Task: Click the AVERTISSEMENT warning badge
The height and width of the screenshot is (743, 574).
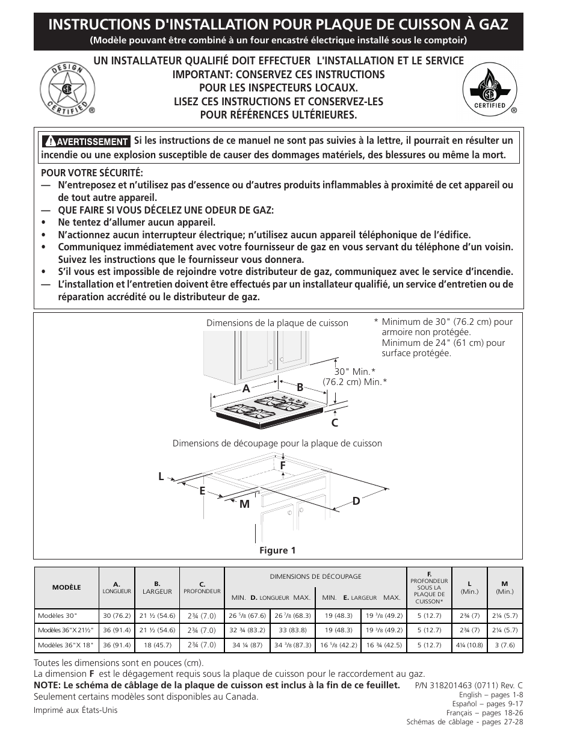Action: tap(85, 141)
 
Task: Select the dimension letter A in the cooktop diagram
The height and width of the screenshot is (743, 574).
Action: tap(245, 389)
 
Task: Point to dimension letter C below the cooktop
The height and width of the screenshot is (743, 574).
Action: tap(335, 423)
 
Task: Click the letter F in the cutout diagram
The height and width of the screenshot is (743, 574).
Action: tap(282, 465)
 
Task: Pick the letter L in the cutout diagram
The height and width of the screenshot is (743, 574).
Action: tap(161, 476)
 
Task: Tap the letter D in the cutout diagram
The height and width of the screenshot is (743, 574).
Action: tap(356, 501)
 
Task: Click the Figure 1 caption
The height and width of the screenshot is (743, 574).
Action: tap(277, 550)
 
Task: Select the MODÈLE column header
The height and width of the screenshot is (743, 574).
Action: tap(66, 587)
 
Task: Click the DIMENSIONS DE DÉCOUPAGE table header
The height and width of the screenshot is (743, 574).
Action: tap(315, 576)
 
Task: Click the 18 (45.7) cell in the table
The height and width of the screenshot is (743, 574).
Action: tap(157, 645)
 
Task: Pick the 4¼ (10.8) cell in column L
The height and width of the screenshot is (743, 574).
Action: tap(469, 645)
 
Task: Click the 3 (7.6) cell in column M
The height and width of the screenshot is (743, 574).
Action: tap(504, 645)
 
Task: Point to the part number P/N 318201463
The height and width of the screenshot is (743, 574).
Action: tap(469, 685)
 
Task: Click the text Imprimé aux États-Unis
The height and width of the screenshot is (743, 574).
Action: tap(76, 710)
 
